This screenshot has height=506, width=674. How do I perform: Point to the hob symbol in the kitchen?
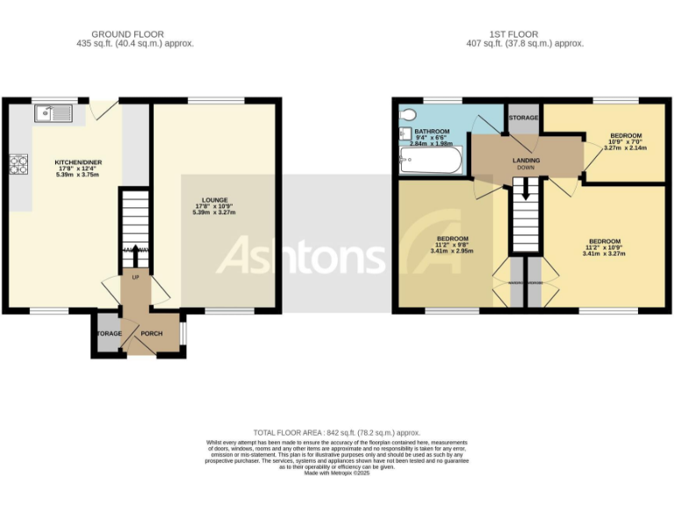[x=18, y=164]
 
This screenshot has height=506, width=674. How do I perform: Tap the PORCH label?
[x=152, y=334]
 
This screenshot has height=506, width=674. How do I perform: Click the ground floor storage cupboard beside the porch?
[x=107, y=334]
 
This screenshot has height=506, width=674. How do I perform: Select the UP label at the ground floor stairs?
[x=135, y=278]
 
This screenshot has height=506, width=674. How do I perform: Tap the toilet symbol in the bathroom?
[x=405, y=132]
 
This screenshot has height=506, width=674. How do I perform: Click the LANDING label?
[x=526, y=160]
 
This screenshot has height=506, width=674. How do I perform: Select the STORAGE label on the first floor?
[x=523, y=116]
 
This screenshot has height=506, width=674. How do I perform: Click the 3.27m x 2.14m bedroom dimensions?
[x=625, y=148]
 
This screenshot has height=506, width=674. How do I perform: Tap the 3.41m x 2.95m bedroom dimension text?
[x=452, y=251]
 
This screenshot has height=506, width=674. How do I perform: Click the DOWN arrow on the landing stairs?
[x=525, y=188]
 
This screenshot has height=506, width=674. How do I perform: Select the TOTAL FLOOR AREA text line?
[x=336, y=432]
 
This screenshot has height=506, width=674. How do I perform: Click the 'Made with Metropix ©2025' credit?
[x=336, y=473]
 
